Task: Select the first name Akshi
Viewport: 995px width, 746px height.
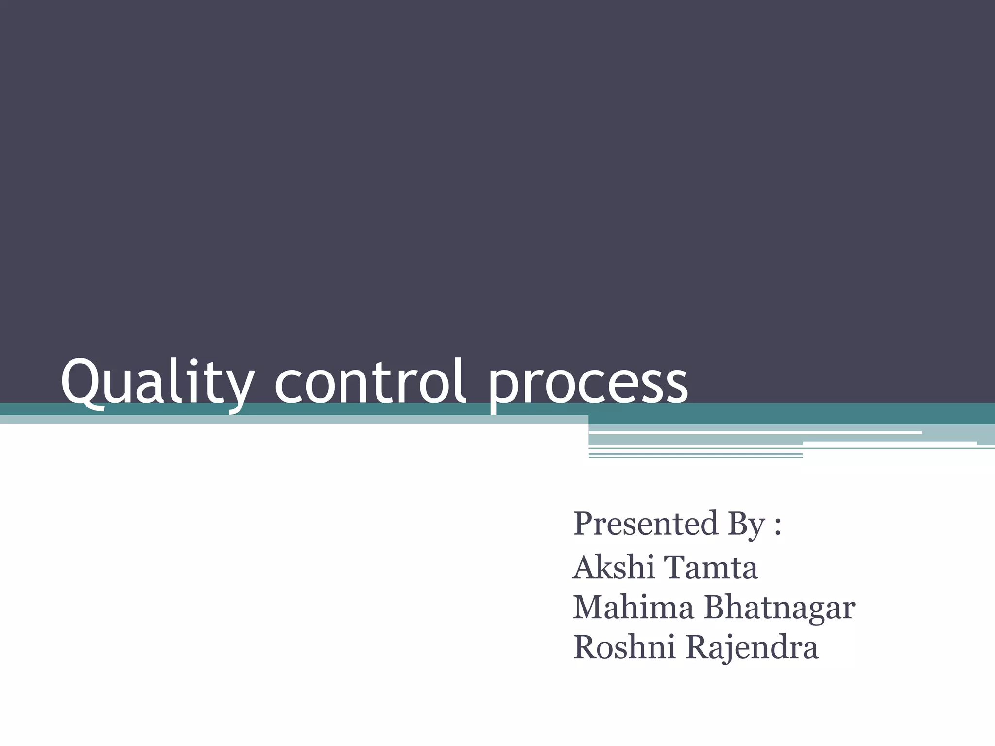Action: coord(614,567)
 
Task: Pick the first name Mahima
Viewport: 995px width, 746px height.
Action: coord(634,608)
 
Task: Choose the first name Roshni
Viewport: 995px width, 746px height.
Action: coord(624,647)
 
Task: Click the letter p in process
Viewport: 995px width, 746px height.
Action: coord(503,389)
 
